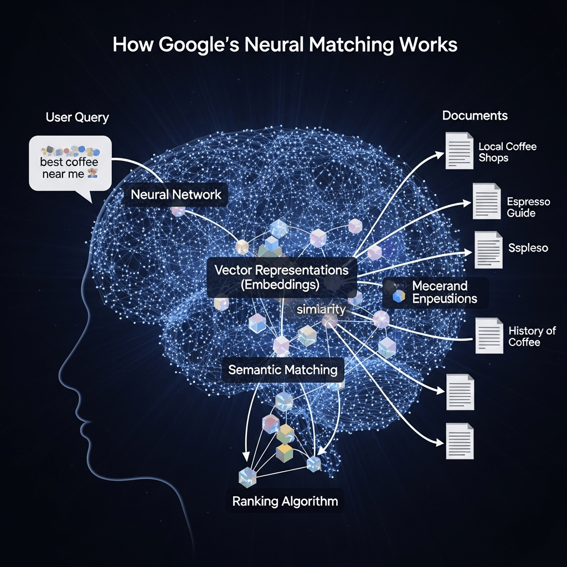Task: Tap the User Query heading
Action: point(77,117)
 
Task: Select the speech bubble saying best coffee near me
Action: point(70,164)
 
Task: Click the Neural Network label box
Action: point(176,195)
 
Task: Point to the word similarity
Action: point(321,310)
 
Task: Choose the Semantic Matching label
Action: point(283,369)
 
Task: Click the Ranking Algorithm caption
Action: point(285,502)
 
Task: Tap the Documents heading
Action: point(475,116)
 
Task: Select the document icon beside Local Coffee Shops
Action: point(459,150)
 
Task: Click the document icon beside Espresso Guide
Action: point(487,200)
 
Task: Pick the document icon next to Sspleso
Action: point(489,250)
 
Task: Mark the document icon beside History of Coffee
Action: point(489,335)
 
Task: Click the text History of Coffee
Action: point(532,336)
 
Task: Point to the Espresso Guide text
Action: point(528,207)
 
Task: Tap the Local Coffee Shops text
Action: point(508,152)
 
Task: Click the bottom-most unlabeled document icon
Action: point(459,441)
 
